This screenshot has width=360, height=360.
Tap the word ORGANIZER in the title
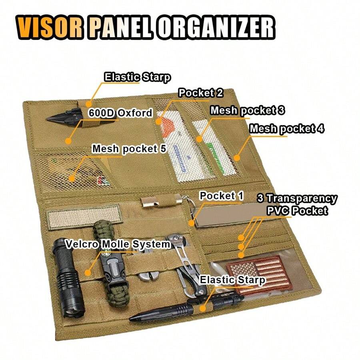click(x=216, y=28)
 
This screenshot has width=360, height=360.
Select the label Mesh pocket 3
click(x=247, y=111)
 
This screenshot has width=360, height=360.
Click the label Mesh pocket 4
click(x=287, y=129)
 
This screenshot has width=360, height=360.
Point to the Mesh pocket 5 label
click(x=129, y=149)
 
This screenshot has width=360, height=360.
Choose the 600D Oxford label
click(x=120, y=113)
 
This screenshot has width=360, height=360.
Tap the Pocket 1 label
click(x=221, y=196)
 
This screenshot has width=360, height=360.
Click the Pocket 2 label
click(x=200, y=93)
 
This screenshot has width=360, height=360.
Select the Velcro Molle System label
click(x=118, y=244)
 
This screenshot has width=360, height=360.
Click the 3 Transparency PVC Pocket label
click(x=297, y=204)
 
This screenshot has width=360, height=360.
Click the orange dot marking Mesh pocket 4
click(x=237, y=158)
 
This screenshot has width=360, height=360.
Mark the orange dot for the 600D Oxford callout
click(x=68, y=141)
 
